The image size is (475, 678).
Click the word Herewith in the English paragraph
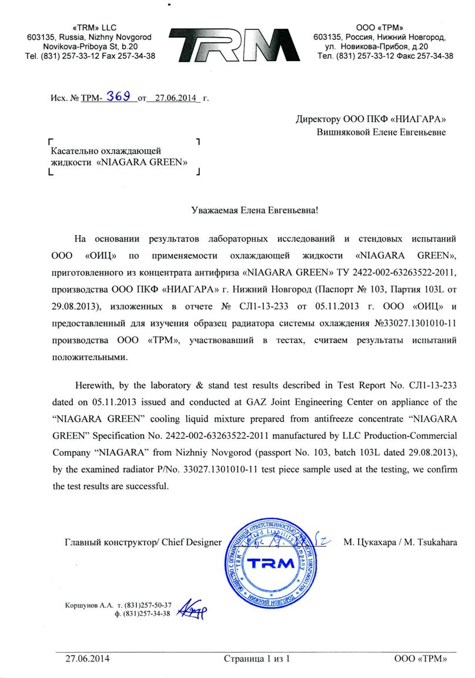95,385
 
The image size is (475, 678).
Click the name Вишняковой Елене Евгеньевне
381,132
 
